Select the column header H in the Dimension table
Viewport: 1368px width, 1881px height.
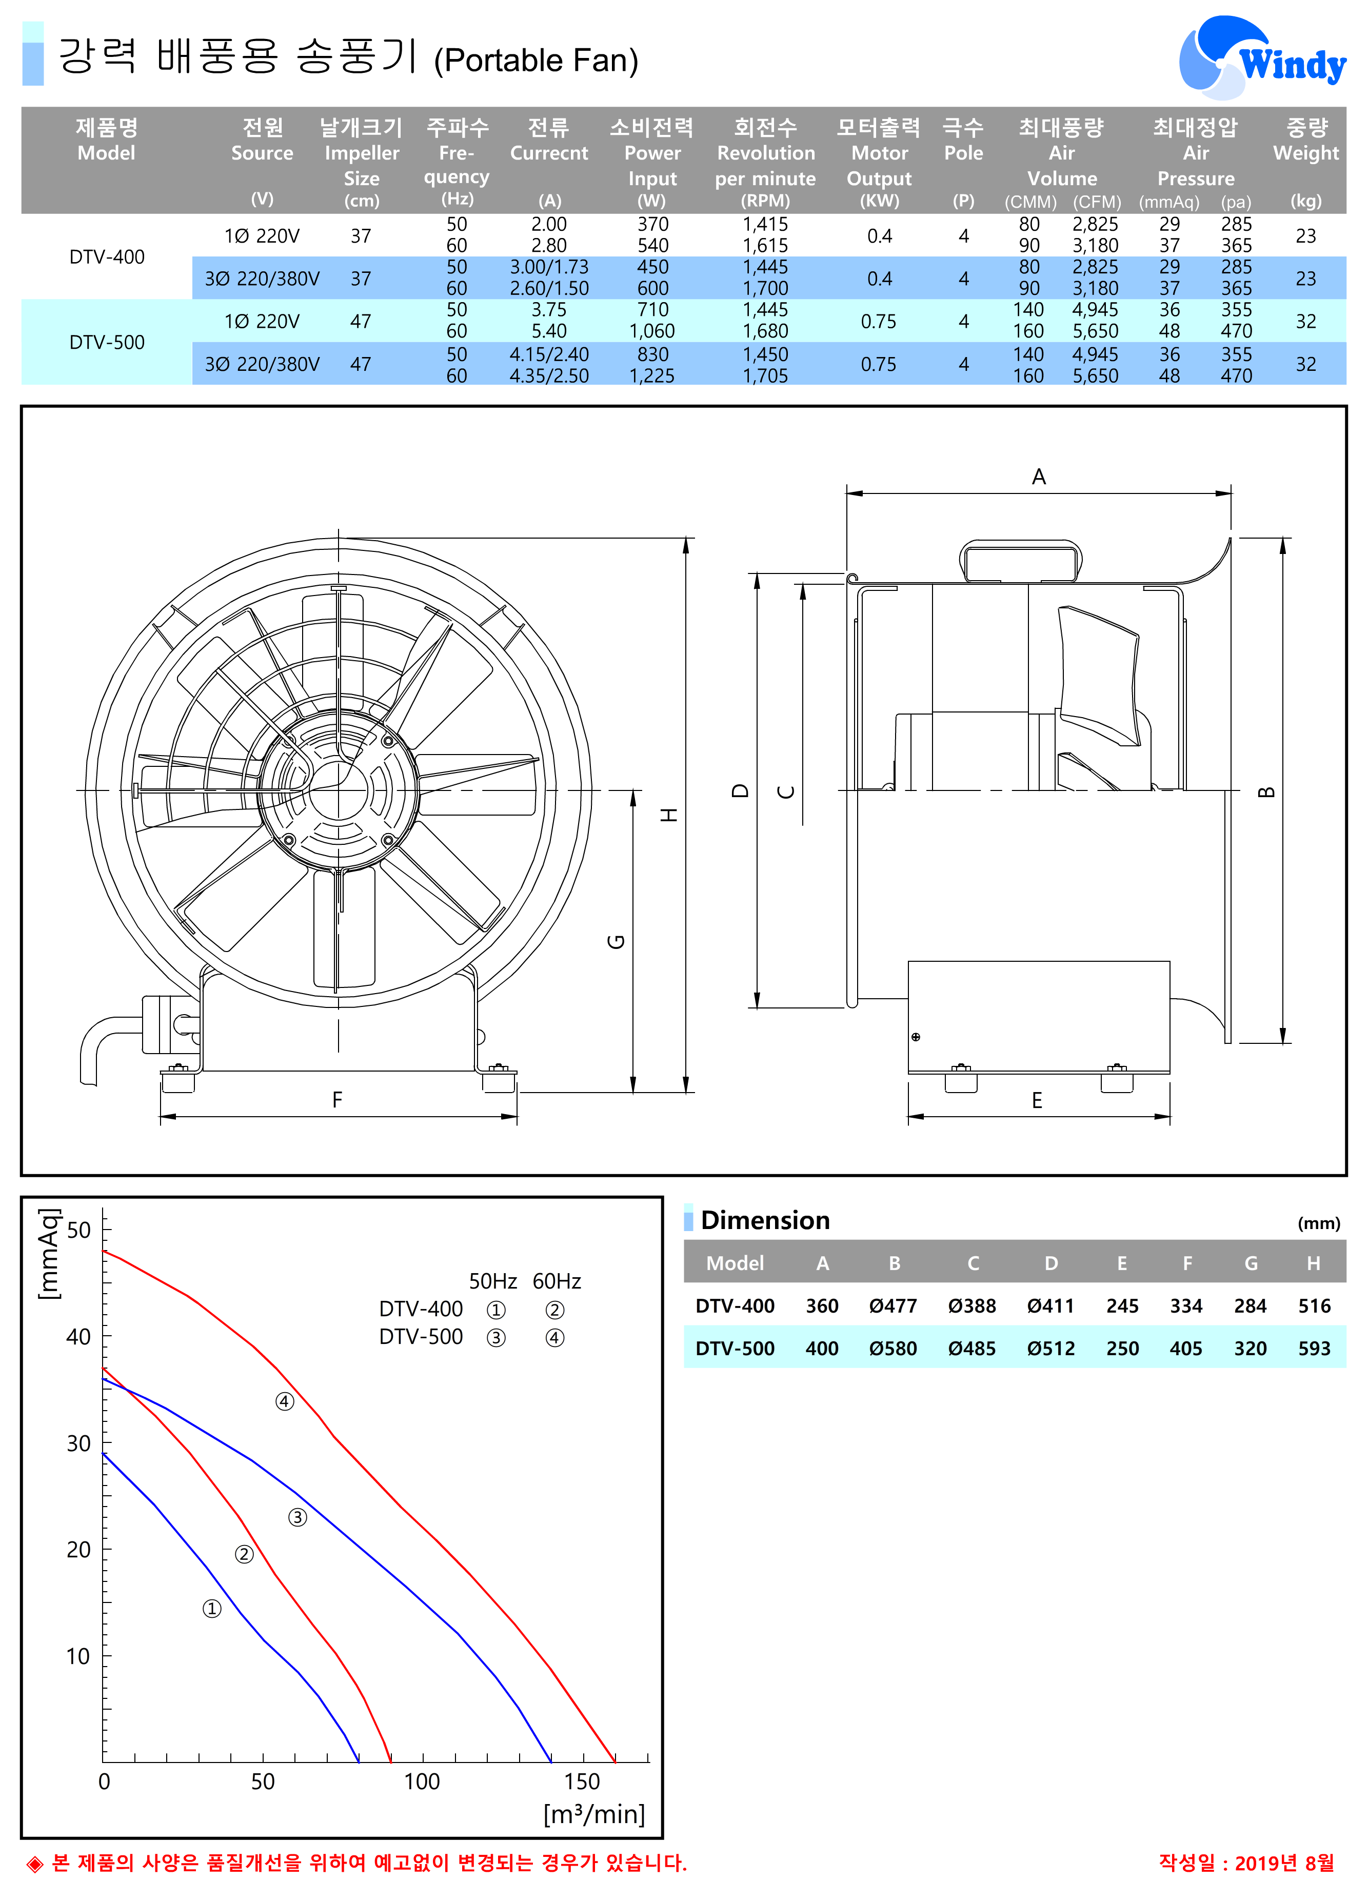click(x=1313, y=1263)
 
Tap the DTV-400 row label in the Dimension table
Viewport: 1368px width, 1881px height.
click(x=735, y=1306)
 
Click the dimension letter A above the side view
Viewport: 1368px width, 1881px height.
click(x=1039, y=477)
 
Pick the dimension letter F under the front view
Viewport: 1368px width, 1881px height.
click(x=338, y=1100)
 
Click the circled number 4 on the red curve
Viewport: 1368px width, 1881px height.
click(x=284, y=1401)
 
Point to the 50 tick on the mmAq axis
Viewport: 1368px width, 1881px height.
click(x=79, y=1230)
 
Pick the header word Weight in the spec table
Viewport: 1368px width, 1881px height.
click(x=1306, y=153)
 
